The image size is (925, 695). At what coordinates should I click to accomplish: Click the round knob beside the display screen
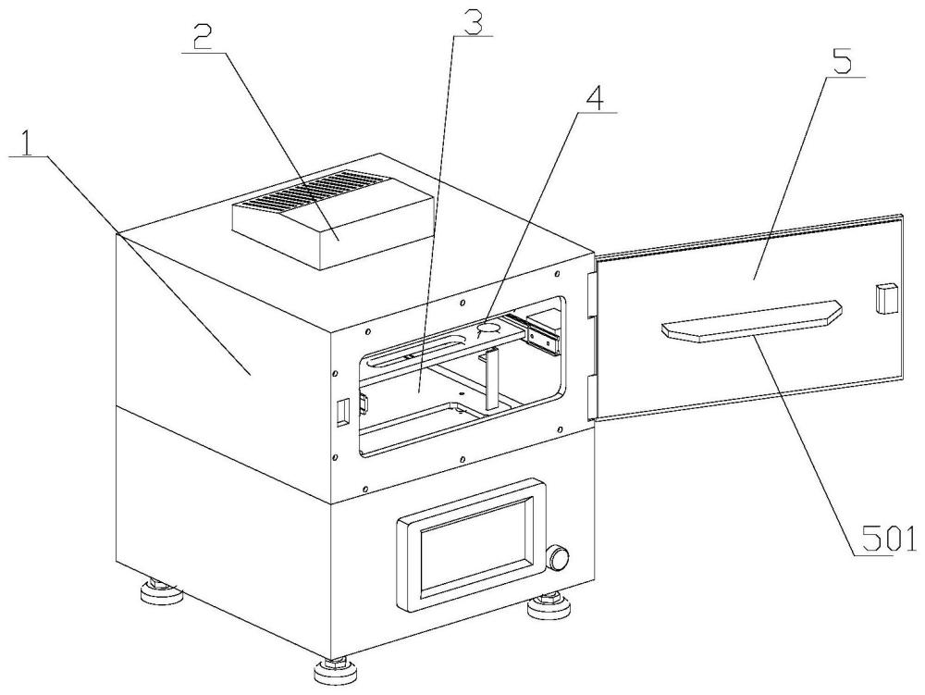click(x=559, y=558)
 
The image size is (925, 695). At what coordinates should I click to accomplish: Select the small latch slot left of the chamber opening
click(x=341, y=412)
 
